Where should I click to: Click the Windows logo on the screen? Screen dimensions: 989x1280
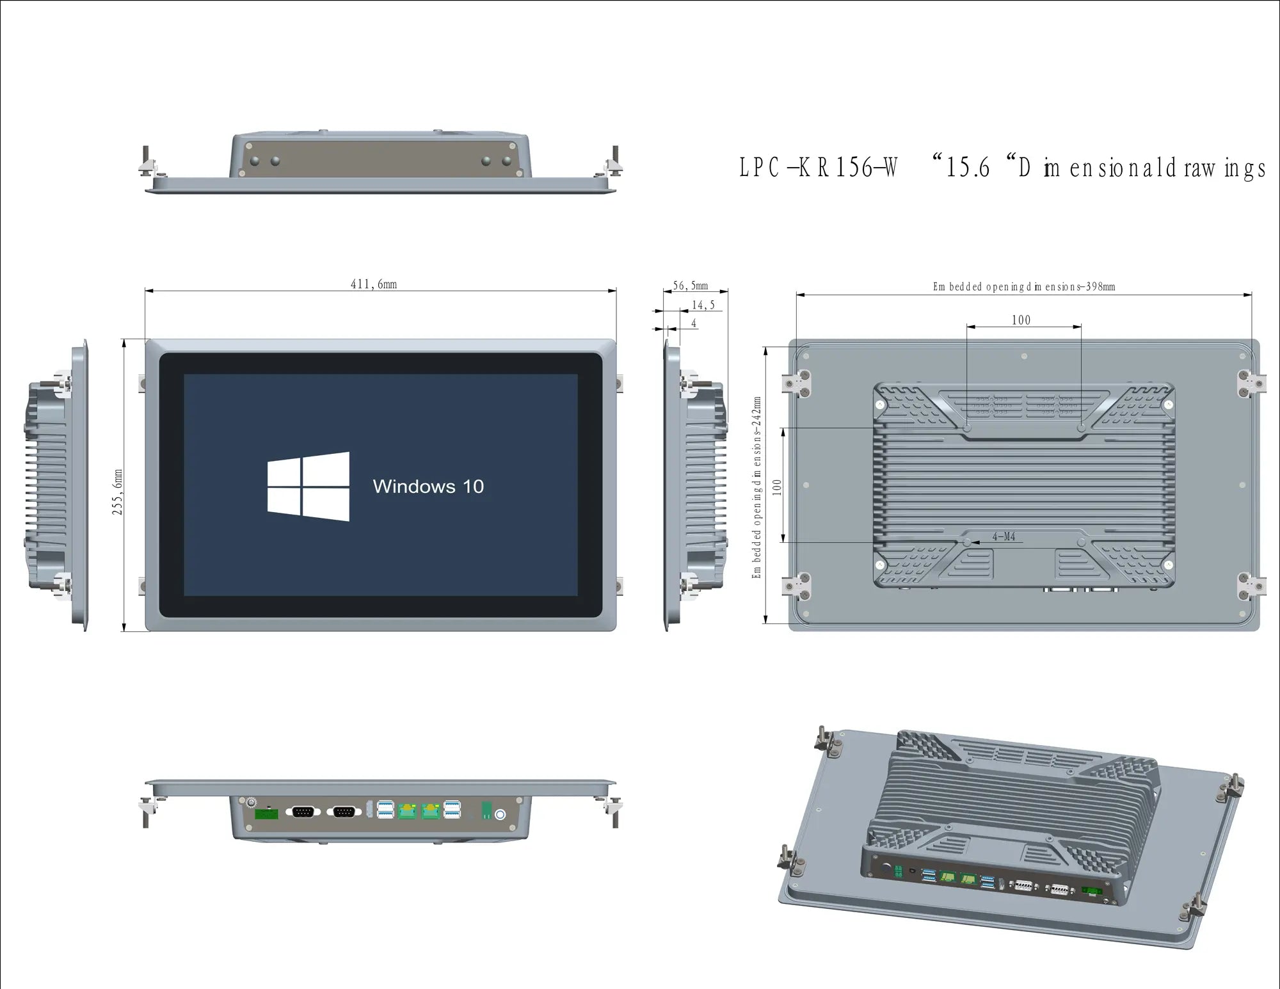point(308,486)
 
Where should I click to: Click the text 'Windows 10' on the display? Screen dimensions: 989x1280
point(428,486)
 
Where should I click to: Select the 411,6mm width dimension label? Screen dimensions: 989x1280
point(374,284)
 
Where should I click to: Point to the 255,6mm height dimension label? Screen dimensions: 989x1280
point(117,492)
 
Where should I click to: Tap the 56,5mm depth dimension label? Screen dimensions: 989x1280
point(691,285)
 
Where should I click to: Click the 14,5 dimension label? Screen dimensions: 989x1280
point(703,305)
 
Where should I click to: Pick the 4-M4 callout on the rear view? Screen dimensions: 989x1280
point(1004,536)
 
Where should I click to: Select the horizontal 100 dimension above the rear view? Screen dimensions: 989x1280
point(1021,320)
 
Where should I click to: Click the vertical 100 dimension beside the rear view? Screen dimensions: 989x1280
point(777,487)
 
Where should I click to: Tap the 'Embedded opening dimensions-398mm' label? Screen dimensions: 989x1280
point(1024,287)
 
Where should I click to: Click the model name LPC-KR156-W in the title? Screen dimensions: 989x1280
point(819,168)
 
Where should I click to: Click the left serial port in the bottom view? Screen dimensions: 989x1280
point(303,812)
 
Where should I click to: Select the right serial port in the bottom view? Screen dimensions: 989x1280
point(344,812)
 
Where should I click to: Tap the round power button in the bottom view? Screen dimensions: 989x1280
point(500,814)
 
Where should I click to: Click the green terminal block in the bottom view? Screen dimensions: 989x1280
point(266,814)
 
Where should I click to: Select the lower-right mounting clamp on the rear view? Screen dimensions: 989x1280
point(1250,586)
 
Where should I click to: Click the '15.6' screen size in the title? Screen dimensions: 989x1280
point(968,168)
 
